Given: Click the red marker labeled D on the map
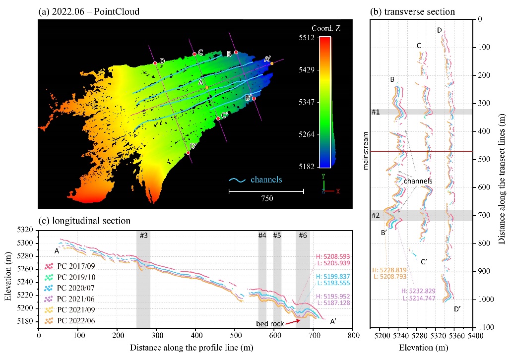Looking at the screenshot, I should [x=155, y=63].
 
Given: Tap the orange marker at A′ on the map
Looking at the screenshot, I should [x=272, y=63].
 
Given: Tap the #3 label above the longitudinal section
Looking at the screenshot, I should [x=143, y=236].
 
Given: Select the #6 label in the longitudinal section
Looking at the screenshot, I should [x=303, y=236].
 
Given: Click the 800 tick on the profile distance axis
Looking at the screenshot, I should [x=353, y=335].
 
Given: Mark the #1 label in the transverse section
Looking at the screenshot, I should [x=376, y=112].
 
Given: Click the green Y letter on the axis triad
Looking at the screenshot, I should [x=323, y=176].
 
